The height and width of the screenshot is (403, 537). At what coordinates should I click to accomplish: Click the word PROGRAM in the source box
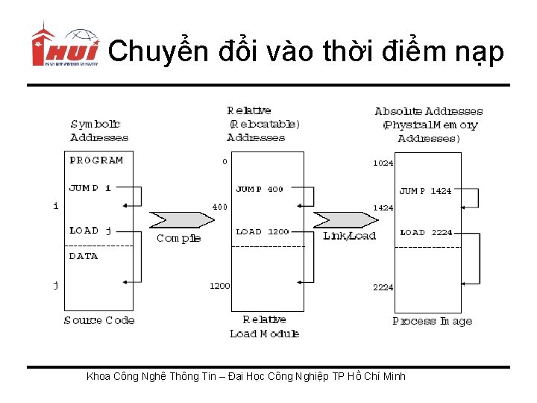point(96,160)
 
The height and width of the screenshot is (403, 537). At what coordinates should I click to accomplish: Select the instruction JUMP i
point(90,188)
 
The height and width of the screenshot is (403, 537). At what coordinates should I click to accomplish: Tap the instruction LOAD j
point(90,231)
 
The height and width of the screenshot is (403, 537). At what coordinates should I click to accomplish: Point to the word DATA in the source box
point(84,256)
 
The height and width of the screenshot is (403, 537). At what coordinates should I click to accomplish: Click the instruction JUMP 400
point(260,190)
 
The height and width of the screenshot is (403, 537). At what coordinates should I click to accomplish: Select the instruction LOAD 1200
point(262,232)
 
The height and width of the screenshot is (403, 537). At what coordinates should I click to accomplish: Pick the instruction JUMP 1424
point(425,192)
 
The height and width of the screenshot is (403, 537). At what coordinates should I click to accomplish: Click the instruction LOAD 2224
point(426,233)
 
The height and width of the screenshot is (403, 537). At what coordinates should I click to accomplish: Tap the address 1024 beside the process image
point(383,163)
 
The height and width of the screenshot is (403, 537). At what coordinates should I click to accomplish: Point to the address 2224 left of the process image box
point(383,287)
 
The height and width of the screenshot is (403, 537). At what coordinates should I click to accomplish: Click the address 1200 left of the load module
point(219,286)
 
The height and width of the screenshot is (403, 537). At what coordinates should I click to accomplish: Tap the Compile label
point(179,238)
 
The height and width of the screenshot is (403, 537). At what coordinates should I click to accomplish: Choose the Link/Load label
point(349,236)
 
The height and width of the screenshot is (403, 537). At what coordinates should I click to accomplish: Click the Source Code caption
point(99,320)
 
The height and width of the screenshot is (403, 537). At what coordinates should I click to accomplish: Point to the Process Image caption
point(433,321)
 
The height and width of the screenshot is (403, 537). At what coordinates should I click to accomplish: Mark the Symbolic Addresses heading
point(99,131)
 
